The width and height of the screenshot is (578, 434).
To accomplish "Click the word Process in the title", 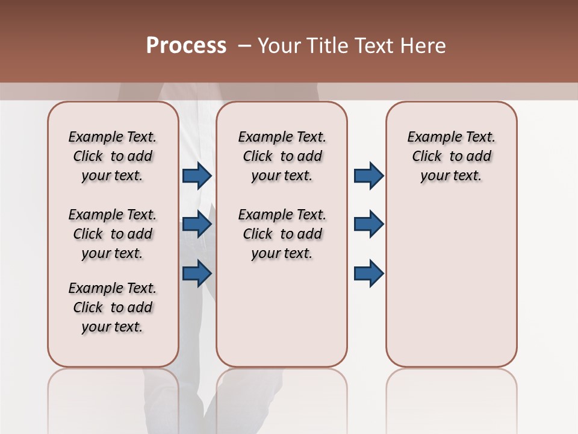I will point(186,46).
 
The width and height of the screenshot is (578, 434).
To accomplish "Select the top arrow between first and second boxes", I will point(197,175).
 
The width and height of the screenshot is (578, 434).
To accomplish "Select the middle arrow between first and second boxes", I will point(197,225).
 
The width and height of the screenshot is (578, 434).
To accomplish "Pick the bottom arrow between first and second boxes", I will point(197,273).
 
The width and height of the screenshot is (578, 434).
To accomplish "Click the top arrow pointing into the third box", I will point(368,175).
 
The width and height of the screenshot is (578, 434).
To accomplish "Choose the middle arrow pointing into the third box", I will point(368,224).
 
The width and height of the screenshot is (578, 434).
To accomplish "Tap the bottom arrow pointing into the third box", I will point(368,273).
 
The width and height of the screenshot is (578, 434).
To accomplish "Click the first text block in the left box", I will point(113,156).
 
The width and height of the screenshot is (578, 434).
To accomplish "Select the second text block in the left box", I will point(113,234).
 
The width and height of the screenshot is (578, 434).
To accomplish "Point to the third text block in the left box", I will point(113,307).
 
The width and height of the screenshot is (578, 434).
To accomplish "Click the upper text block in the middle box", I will point(282,156).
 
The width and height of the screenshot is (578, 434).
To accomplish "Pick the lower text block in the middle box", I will point(282,234).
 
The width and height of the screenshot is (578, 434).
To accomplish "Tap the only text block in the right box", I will point(452,156).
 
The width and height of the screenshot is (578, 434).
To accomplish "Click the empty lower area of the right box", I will point(452,283).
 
